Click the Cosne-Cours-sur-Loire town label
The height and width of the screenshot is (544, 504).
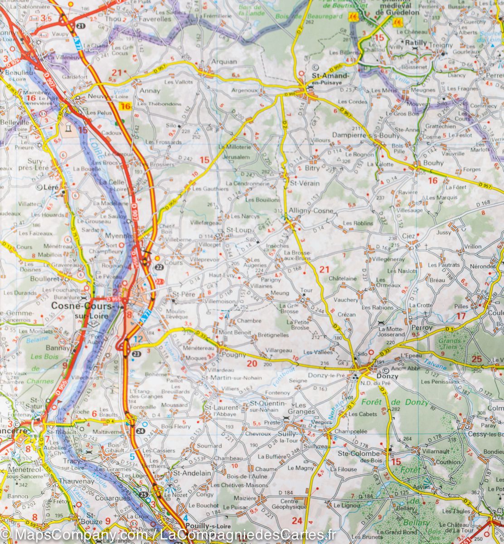coord(83,310)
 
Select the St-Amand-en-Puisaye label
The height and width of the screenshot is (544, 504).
coord(330,79)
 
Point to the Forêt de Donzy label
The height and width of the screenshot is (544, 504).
coord(395,403)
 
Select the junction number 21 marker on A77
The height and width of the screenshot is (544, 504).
coord(80,26)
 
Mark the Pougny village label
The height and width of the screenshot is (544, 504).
coord(234,355)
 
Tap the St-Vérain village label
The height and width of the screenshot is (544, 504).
coord(305,184)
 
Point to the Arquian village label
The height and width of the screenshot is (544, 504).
coord(224,62)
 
